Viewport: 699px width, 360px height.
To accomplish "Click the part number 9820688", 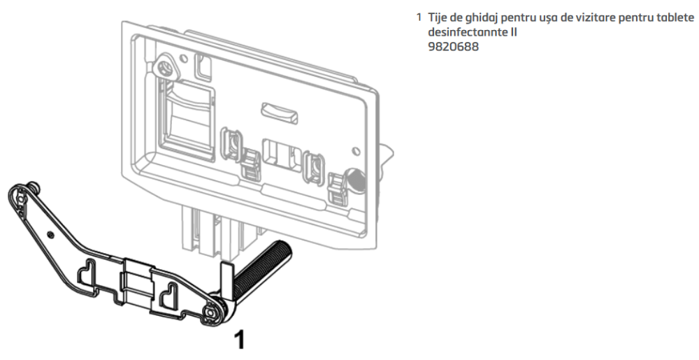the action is pyautogui.click(x=453, y=47).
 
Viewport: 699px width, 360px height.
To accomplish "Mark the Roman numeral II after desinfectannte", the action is pyautogui.click(x=512, y=33).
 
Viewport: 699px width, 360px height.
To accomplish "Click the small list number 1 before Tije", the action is pyautogui.click(x=419, y=18).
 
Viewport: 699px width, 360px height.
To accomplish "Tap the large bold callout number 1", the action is pyautogui.click(x=240, y=340).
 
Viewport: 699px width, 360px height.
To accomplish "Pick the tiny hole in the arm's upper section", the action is pyautogui.click(x=51, y=234).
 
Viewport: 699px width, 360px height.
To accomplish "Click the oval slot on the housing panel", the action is pyautogui.click(x=280, y=113).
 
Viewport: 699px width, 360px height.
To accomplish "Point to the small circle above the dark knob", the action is pyautogui.click(x=356, y=151).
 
